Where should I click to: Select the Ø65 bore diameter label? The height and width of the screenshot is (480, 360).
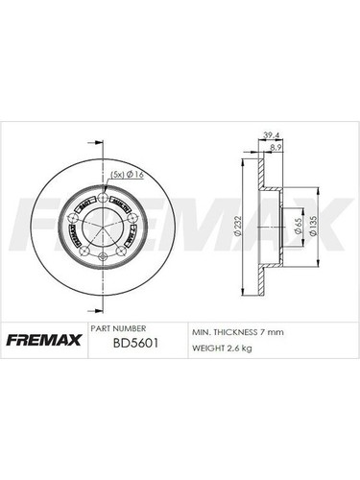point(290,227)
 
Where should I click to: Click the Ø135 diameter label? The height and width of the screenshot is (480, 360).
point(313,227)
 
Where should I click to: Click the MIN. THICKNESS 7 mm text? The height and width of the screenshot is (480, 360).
point(236,331)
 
